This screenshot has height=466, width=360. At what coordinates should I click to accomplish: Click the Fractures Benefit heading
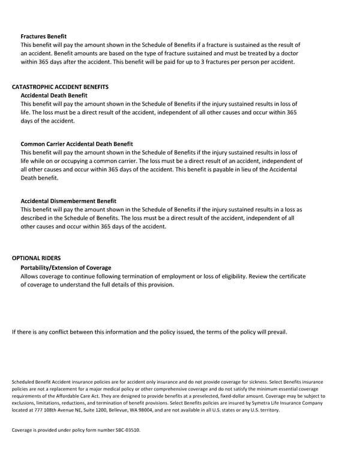point(43,37)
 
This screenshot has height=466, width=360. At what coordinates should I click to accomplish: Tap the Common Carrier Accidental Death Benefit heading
point(77,144)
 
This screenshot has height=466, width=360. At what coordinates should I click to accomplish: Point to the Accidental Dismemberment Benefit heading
point(68,201)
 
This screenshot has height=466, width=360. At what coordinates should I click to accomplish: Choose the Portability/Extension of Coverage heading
point(66,267)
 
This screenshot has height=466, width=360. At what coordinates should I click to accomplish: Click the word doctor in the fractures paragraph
point(286,53)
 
